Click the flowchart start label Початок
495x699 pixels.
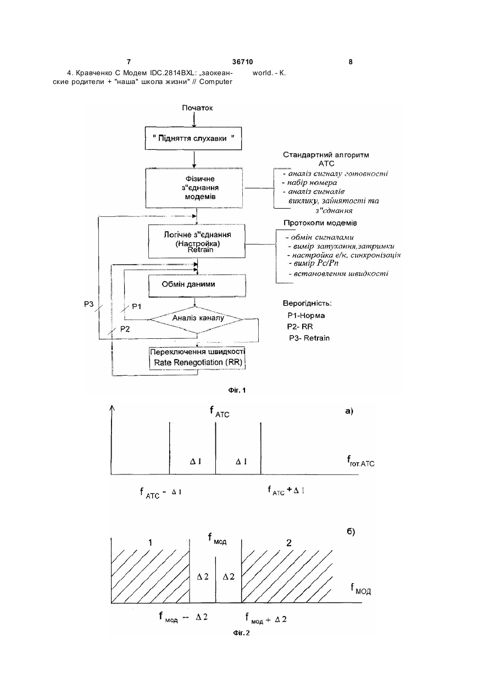(197, 108)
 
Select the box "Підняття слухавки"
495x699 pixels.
(193, 138)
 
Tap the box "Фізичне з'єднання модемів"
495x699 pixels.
(194, 188)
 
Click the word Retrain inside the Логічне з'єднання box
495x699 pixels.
(201, 250)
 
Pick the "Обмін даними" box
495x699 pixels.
(197, 286)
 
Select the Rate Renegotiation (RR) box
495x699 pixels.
(197, 358)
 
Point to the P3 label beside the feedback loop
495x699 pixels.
(88, 304)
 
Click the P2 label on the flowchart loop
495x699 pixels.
(125, 329)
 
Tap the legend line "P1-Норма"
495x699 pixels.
(306, 316)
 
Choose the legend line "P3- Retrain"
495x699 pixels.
(309, 338)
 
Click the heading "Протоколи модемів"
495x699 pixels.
(320, 223)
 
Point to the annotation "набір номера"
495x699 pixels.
(309, 182)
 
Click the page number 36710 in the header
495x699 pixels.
(242, 62)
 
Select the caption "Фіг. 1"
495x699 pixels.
(237, 390)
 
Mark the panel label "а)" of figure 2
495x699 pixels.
(349, 411)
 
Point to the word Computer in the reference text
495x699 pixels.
(216, 82)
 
